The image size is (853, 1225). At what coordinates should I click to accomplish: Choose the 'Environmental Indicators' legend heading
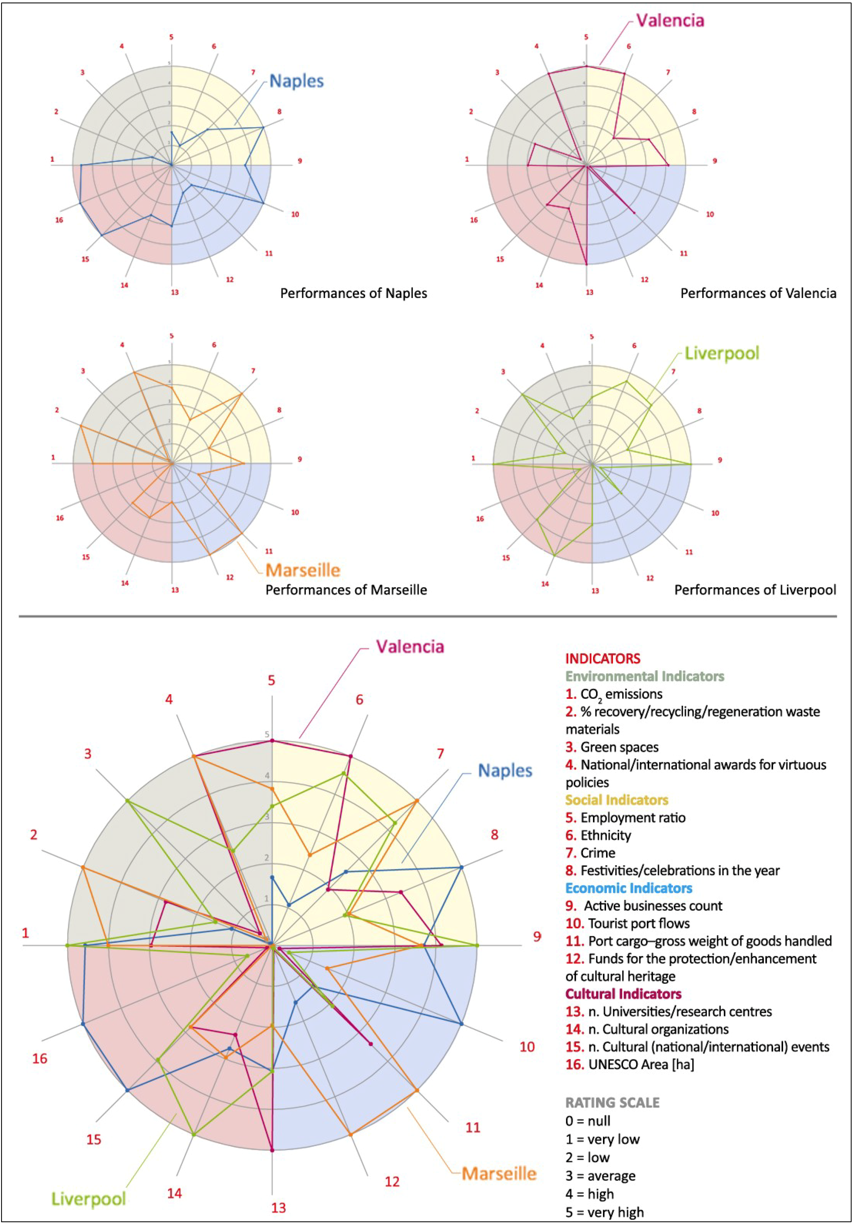(x=644, y=676)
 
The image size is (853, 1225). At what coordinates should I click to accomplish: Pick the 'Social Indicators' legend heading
(x=617, y=800)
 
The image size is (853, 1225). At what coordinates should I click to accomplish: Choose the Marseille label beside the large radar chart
(x=499, y=1173)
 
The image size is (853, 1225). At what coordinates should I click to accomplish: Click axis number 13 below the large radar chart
(x=278, y=1207)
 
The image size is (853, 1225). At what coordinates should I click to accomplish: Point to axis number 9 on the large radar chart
(x=537, y=936)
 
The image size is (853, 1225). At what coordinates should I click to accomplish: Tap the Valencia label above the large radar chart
(x=410, y=647)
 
